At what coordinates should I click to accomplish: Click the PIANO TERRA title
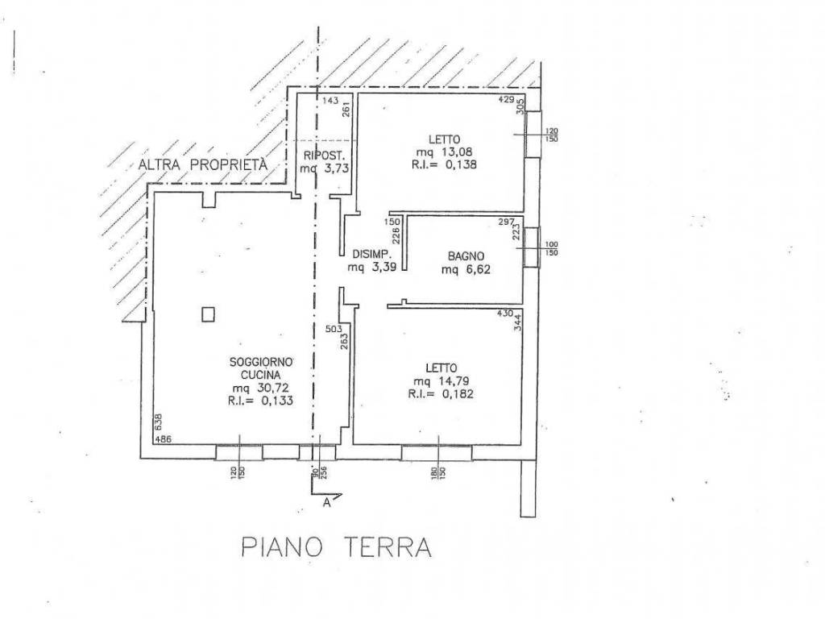tap(337, 548)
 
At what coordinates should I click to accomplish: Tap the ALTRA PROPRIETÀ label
tap(202, 164)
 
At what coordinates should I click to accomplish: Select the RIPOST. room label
tap(323, 155)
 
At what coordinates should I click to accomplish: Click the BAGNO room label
tap(465, 257)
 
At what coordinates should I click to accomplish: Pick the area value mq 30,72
tap(259, 388)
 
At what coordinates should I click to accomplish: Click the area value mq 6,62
tap(465, 270)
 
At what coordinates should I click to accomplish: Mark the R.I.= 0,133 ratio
tap(259, 401)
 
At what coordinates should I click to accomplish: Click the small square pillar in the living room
tap(208, 314)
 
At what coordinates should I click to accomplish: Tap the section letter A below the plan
tap(326, 505)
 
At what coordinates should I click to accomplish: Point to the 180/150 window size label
tap(438, 472)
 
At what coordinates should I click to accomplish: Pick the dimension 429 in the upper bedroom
tap(505, 100)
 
